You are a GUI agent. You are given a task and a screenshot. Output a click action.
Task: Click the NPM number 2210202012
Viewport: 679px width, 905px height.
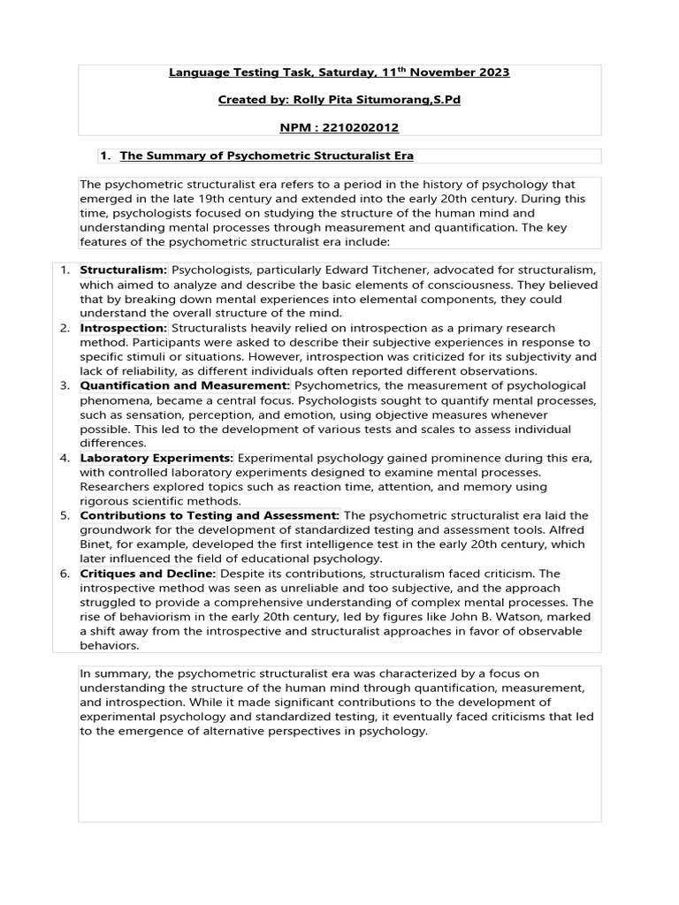click(x=357, y=127)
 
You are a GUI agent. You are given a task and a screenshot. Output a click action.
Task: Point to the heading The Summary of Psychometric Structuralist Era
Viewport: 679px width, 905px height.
click(x=266, y=156)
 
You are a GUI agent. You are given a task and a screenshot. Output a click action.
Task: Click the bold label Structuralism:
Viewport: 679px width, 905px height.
click(x=124, y=269)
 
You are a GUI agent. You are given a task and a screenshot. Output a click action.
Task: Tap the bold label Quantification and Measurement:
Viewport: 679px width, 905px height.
click(x=185, y=385)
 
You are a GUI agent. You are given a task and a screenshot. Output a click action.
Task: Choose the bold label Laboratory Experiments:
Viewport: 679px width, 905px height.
click(x=156, y=458)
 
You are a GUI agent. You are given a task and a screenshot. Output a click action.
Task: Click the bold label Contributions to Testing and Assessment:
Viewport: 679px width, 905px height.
click(x=210, y=515)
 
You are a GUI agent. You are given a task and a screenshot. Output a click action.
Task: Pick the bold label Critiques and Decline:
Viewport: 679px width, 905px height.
click(x=148, y=574)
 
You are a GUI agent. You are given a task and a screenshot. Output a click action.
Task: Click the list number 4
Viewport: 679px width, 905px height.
click(x=65, y=458)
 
